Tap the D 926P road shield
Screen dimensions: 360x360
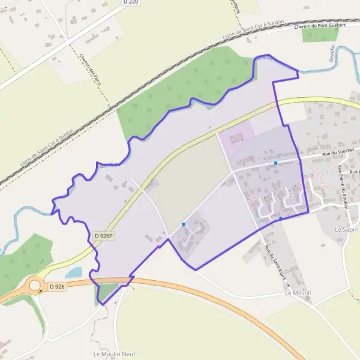tap(103, 236)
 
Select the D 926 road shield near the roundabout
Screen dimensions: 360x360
tap(57, 287)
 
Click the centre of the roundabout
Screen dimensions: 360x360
tap(34, 286)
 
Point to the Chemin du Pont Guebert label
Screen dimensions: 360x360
tap(323, 26)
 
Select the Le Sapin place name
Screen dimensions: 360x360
tap(347, 229)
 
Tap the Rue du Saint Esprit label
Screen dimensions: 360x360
tap(275, 264)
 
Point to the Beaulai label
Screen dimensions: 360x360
tap(331, 53)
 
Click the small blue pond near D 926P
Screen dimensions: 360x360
tap(73, 272)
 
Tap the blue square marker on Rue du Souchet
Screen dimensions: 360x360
tap(275, 163)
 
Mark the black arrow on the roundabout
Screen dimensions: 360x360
tap(40, 292)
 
